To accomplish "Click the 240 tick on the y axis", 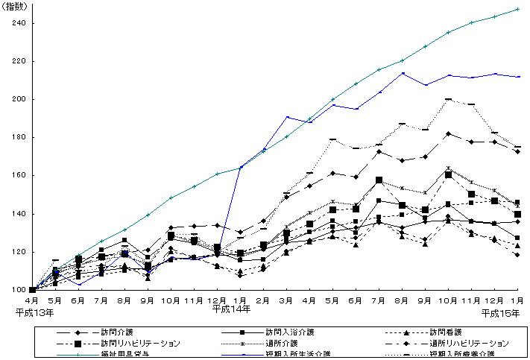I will [17, 23].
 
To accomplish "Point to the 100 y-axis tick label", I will [17, 290].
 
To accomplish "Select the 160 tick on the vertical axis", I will [17, 176].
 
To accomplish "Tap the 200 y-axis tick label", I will [17, 99].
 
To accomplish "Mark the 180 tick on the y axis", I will [17, 138].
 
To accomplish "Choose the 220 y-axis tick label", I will [17, 61].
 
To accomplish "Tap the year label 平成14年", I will [230, 308].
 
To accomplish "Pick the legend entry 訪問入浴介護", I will [291, 332].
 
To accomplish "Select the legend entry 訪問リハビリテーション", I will [142, 343].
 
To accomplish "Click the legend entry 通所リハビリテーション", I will [470, 343].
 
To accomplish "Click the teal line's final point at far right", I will [518, 9].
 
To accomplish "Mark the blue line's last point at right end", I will [518, 77].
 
